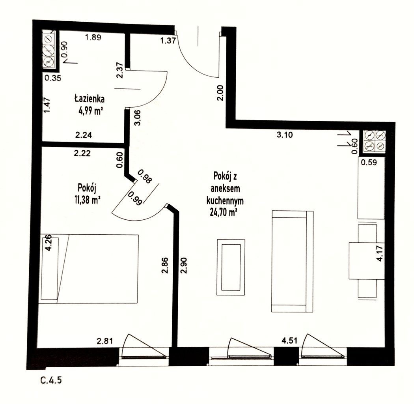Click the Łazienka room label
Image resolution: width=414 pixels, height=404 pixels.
tap(89, 99)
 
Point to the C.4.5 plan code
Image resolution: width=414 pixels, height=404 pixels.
tap(51, 380)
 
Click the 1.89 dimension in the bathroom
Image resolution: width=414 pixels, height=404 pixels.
tap(93, 37)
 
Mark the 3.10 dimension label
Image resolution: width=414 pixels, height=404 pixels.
tap(285, 135)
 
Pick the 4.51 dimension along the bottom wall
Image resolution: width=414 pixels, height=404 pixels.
tap(289, 340)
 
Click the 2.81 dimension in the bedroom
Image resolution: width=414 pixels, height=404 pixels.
tap(105, 341)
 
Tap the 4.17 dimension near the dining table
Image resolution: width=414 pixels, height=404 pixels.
tap(380, 254)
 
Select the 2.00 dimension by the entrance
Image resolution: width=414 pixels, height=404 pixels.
tap(220, 92)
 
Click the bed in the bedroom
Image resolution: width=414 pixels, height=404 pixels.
tap(88, 268)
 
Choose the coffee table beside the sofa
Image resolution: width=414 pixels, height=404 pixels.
tap(231, 267)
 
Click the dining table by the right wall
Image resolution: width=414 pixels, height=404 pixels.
tap(366, 260)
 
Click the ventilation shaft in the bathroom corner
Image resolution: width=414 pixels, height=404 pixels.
tap(49, 50)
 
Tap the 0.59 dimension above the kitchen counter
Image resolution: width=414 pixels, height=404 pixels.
tap(369, 162)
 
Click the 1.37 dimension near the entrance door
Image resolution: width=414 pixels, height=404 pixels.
tap(168, 41)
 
